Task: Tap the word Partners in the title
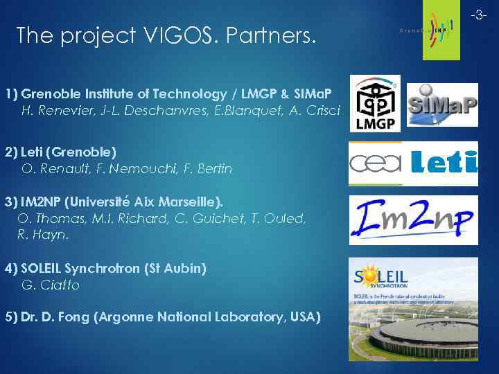coord(272,35)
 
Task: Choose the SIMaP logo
coord(441,105)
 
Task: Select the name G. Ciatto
coord(51,285)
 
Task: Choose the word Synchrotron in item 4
coord(115,268)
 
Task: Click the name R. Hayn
coord(43,235)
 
